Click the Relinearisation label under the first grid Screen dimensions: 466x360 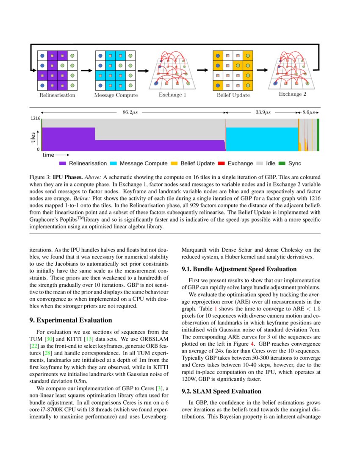pyautogui.click(x=57, y=95)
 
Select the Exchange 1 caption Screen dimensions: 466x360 pyautogui.click(x=172, y=94)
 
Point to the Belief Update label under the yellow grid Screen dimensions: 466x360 pyautogui.click(x=233, y=95)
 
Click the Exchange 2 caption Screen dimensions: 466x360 pyautogui.click(x=292, y=94)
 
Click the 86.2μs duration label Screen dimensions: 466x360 pyautogui.click(x=130, y=113)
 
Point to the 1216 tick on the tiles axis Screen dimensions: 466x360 pyautogui.click(x=35, y=119)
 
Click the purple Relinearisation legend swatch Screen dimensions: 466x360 pyautogui.click(x=63, y=163)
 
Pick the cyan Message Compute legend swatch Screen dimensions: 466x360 pyautogui.click(x=114, y=163)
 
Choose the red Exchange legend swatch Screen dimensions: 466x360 pyautogui.click(x=221, y=163)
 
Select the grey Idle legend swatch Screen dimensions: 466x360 pyautogui.click(x=259, y=163)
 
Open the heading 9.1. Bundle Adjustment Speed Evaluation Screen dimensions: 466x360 pyautogui.click(x=245, y=269)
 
